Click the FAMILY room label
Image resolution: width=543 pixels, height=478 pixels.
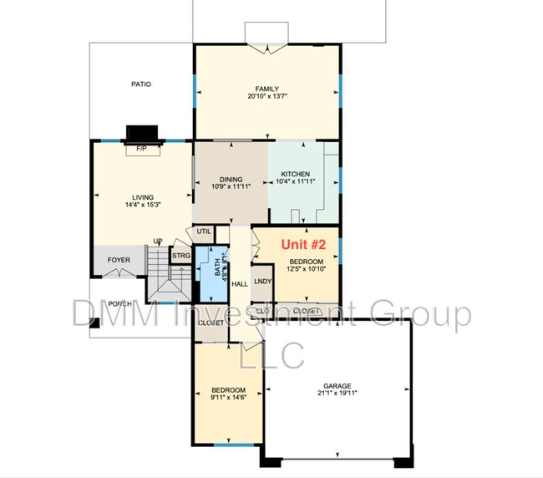click(x=266, y=89)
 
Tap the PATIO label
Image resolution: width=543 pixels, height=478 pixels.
click(x=141, y=84)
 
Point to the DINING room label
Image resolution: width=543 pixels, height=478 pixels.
click(x=231, y=179)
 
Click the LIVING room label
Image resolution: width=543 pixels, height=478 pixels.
click(x=143, y=196)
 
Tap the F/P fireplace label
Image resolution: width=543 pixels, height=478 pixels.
click(x=141, y=148)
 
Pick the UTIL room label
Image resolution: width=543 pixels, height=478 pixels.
click(x=204, y=231)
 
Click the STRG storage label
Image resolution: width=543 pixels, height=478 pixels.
click(x=180, y=256)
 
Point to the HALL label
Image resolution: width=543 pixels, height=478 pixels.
click(x=240, y=284)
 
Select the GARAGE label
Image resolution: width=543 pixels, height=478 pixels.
click(x=339, y=384)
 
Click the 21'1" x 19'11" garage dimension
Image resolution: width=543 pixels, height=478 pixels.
click(x=339, y=393)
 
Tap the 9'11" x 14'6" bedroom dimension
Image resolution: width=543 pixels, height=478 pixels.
click(x=228, y=398)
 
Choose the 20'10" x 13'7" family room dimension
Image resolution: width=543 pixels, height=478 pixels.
click(x=267, y=97)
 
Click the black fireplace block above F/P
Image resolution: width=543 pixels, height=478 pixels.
click(x=141, y=134)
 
